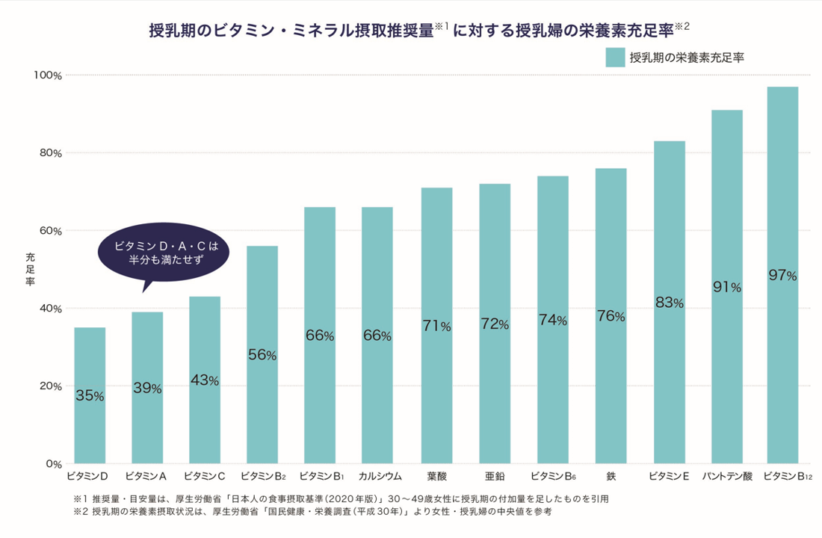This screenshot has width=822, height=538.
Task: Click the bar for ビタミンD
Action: pos(90,395)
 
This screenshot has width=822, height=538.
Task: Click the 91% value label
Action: pos(726,287)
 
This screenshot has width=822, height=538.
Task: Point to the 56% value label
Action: pos(262,356)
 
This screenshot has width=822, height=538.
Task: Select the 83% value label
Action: pos(669,303)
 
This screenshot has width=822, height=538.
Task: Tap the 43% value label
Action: pos(204,381)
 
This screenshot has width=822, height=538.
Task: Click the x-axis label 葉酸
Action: pos(436,476)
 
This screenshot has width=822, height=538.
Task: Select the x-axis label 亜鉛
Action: pos(494,476)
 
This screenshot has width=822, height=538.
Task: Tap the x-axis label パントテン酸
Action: pos(726,476)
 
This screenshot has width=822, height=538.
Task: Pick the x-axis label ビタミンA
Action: pos(146,476)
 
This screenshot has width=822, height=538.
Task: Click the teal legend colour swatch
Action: pos(615,56)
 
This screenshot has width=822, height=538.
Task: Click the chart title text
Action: pos(418,30)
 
